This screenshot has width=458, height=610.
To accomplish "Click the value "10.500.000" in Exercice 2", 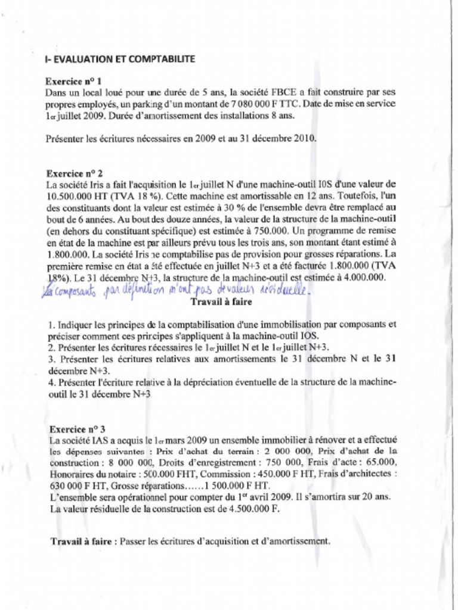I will tap(70, 195).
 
